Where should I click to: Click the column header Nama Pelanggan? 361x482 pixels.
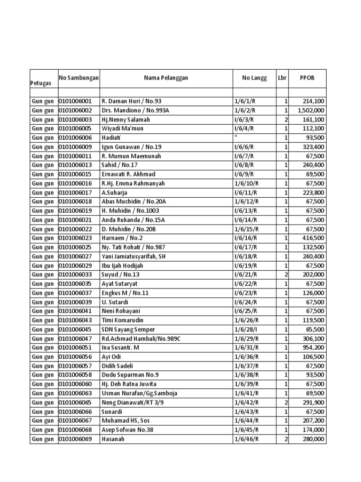click(166, 78)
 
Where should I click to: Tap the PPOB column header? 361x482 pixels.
click(307, 78)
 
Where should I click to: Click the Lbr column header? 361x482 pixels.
click(282, 78)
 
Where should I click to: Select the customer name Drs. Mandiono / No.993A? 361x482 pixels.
click(135, 110)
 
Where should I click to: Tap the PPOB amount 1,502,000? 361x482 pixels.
click(311, 110)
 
